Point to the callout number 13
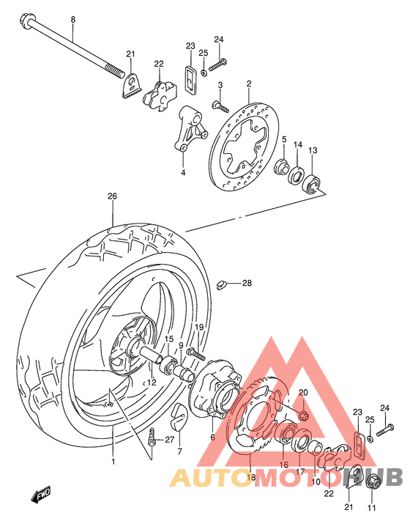[x=312, y=150]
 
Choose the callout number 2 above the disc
[x=248, y=84]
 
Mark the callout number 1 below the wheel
[x=113, y=462]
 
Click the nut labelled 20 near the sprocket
[x=304, y=416]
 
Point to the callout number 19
[x=198, y=326]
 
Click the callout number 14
[x=297, y=144]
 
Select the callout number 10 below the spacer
[x=316, y=481]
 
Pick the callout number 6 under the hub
[x=212, y=437]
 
